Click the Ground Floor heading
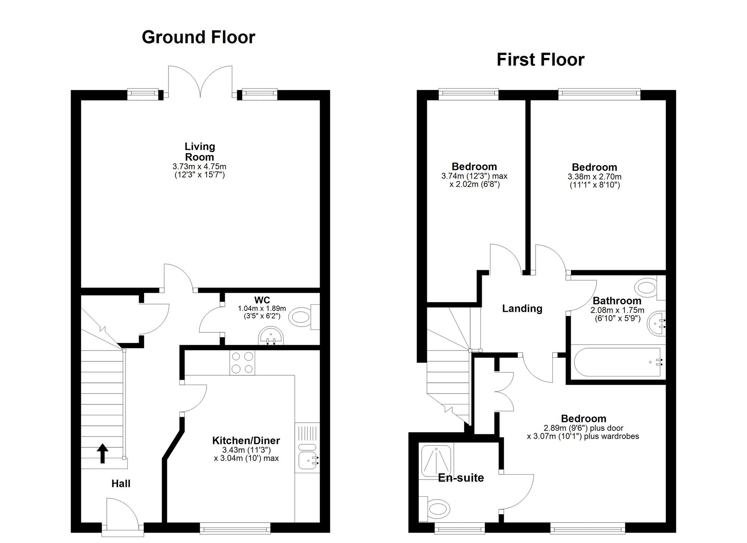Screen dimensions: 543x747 tap(198, 37)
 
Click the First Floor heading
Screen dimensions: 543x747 tap(540, 60)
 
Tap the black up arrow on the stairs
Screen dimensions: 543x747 tap(103, 453)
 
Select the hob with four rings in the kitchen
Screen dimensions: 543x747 tap(242, 363)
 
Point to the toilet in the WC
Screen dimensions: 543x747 tap(301, 317)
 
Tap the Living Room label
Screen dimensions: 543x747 tap(199, 152)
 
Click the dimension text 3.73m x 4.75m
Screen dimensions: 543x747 tap(199, 167)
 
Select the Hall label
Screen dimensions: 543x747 tap(121, 484)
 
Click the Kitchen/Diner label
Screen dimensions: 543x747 tap(246, 441)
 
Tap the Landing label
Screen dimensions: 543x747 tap(522, 308)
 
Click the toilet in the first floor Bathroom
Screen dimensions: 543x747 tap(646, 288)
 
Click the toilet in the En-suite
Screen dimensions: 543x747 tap(437, 509)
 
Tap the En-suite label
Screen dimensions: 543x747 tap(461, 478)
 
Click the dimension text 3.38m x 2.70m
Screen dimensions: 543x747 tap(595, 177)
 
